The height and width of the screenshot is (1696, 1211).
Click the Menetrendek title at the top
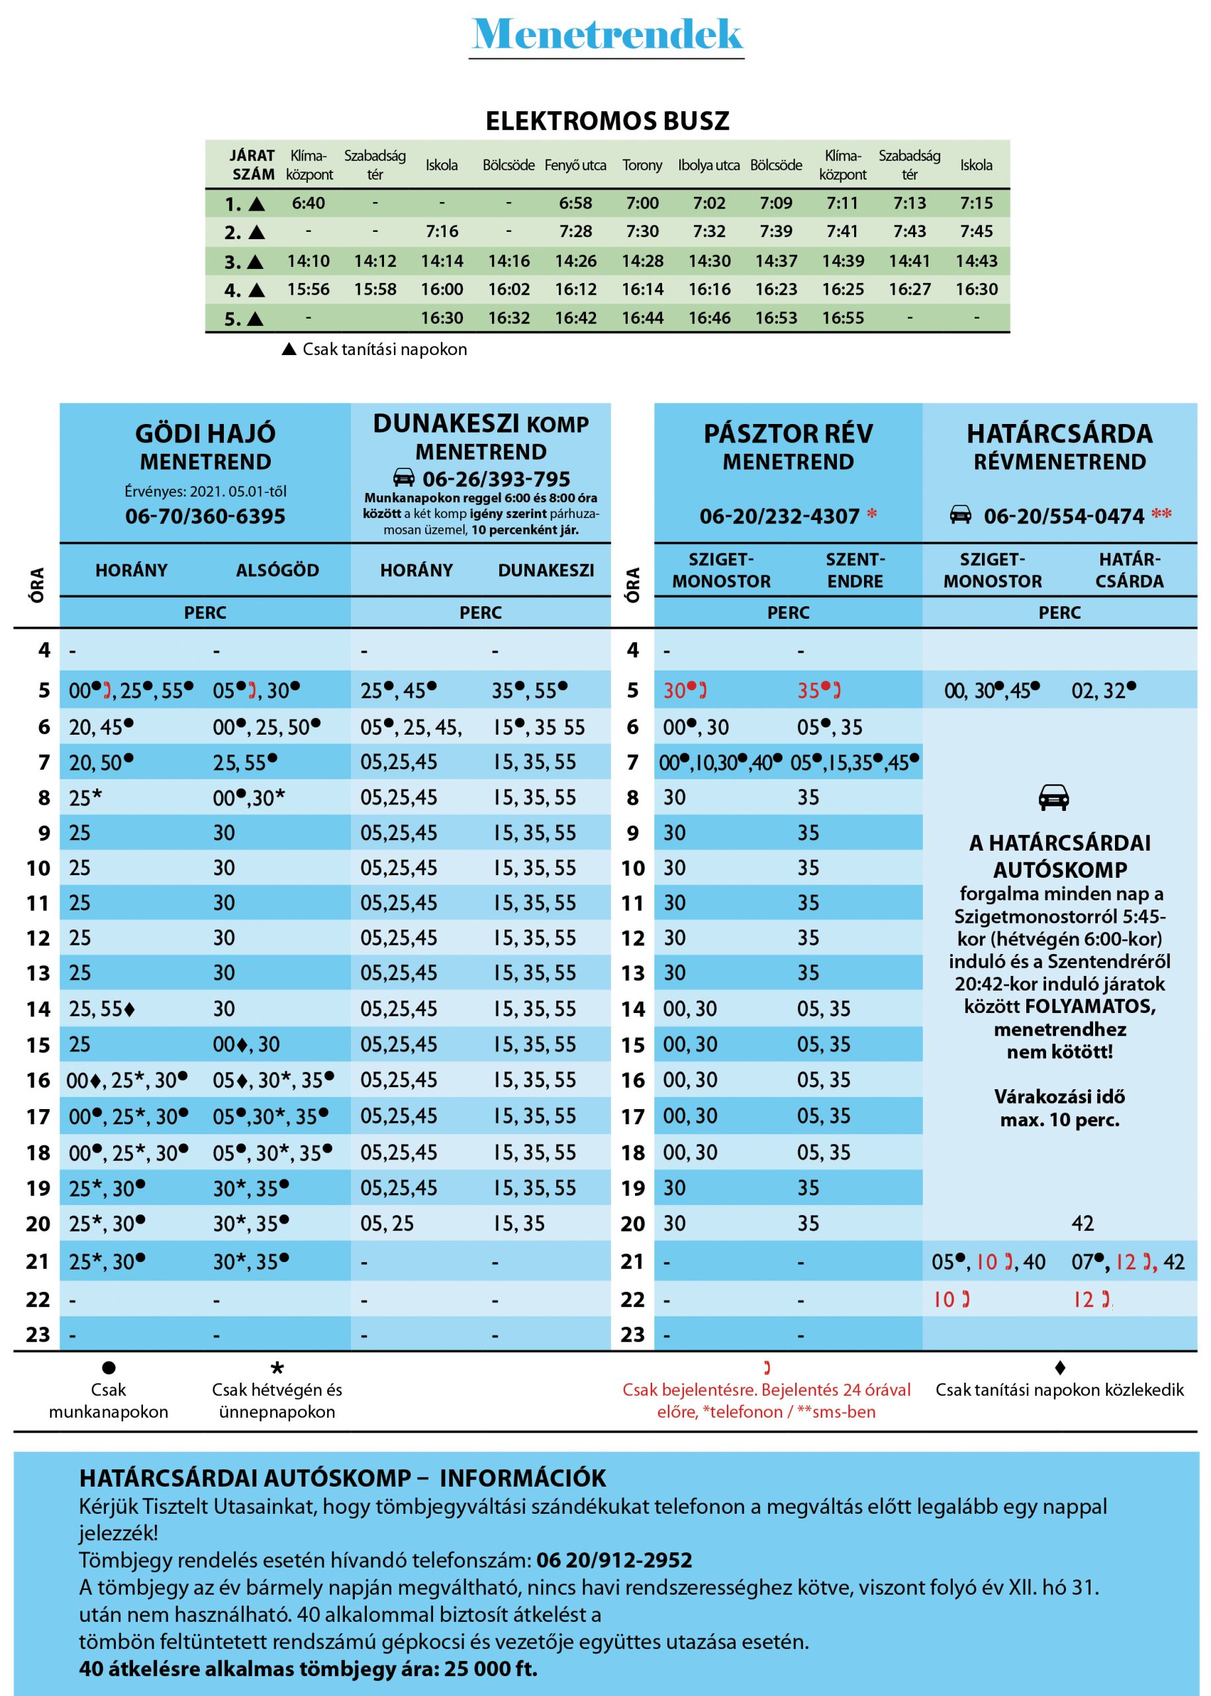[x=607, y=34]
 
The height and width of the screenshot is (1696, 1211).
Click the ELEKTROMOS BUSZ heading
[x=607, y=121]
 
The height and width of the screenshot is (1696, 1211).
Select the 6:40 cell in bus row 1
[x=308, y=203]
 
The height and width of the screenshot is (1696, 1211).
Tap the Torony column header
[x=642, y=165]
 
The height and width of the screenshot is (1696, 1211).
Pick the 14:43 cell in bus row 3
[x=976, y=261]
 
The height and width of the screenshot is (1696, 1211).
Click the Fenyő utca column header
[x=575, y=165]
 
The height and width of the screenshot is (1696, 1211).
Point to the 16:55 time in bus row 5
[x=843, y=319]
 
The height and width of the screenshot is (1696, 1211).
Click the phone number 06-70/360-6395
[x=205, y=516]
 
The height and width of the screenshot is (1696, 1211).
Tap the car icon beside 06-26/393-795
[x=403, y=478]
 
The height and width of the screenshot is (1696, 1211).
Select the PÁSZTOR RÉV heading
[x=788, y=433]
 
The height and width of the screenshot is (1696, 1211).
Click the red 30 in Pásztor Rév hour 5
[x=675, y=691]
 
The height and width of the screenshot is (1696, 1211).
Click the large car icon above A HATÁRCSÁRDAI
[x=1053, y=798]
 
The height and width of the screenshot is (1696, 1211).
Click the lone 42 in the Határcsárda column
[x=1083, y=1224]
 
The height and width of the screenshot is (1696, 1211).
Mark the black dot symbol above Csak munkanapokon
[x=109, y=1367]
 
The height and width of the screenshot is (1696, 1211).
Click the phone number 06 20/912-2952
[x=614, y=1560]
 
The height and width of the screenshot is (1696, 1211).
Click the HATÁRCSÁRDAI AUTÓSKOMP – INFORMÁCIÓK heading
[x=342, y=1478]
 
